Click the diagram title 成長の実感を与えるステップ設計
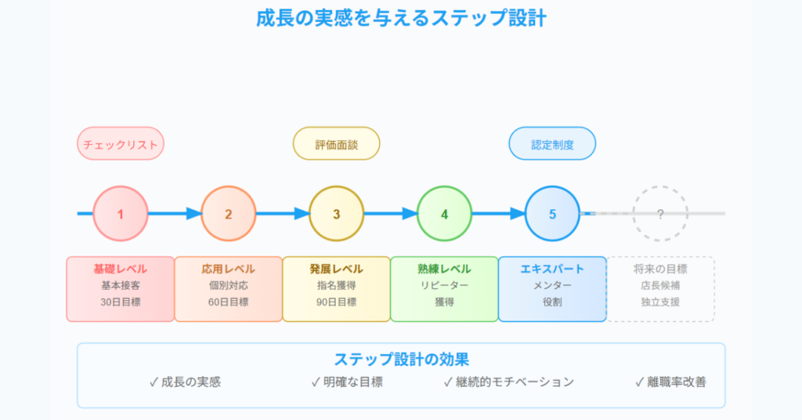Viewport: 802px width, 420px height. (401, 19)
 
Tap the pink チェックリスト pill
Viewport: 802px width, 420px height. (121, 143)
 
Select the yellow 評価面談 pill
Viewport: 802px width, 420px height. (337, 143)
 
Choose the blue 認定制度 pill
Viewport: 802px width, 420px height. (552, 143)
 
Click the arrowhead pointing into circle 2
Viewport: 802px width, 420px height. (194, 214)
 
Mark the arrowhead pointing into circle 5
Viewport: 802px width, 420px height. (518, 214)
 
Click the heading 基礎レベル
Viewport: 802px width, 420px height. (121, 269)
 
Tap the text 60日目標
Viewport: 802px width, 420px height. (229, 302)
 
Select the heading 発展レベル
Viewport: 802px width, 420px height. (337, 269)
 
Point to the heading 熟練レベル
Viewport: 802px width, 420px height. (445, 269)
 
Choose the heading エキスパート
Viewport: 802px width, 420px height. (552, 269)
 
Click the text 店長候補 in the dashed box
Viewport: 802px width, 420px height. (660, 285)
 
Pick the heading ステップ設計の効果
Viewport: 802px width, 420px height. (402, 359)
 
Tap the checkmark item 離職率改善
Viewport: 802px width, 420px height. (670, 382)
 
